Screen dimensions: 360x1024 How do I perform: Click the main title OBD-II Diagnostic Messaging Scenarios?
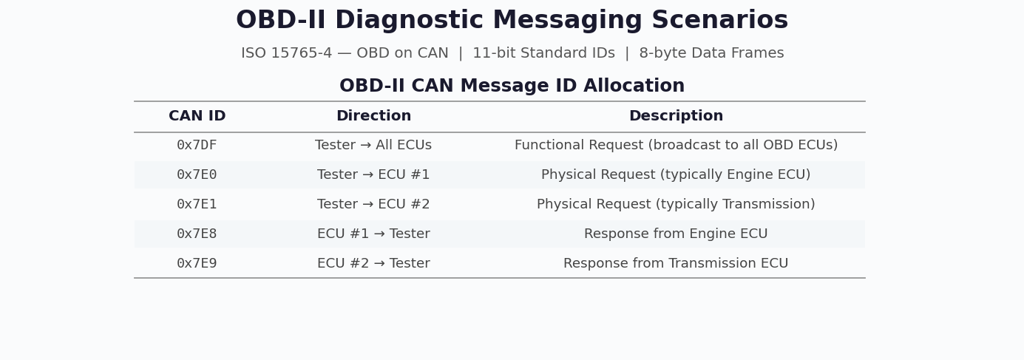click(x=512, y=21)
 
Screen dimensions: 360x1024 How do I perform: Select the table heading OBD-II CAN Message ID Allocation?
click(x=512, y=86)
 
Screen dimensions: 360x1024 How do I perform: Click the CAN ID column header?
click(x=197, y=117)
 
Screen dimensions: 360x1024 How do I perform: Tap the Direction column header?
click(x=373, y=117)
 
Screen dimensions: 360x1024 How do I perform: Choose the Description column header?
click(x=676, y=117)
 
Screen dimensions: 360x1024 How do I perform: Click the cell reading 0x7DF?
click(x=197, y=146)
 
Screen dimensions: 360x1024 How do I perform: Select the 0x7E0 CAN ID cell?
click(x=197, y=175)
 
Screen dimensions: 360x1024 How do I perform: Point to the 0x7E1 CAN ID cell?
click(x=197, y=205)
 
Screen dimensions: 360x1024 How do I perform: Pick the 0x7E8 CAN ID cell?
click(x=197, y=234)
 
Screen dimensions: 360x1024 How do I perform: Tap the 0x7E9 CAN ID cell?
click(x=197, y=264)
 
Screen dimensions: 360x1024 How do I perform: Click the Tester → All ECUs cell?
click(x=373, y=146)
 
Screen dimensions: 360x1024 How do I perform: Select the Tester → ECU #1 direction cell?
click(x=373, y=175)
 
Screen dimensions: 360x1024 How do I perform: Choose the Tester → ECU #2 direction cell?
click(x=373, y=205)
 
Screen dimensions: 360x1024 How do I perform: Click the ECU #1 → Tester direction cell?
click(x=373, y=234)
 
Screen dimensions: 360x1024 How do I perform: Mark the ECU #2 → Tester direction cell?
click(x=373, y=264)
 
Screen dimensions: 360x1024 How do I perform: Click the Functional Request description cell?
click(x=676, y=146)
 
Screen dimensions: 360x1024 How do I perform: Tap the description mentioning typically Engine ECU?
click(x=676, y=175)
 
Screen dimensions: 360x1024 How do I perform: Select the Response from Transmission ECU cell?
click(x=676, y=264)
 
